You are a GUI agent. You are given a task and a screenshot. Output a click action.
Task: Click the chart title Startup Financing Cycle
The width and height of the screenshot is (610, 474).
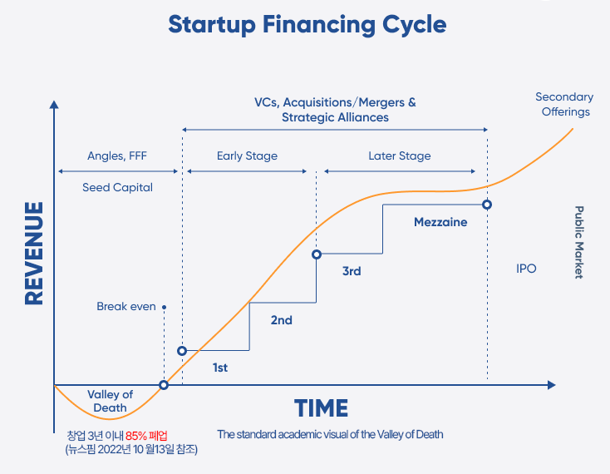coord(307,25)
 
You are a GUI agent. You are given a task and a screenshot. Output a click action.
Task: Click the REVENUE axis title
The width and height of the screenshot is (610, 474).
coord(34,254)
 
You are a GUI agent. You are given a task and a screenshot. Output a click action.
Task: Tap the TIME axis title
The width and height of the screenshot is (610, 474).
coord(321,408)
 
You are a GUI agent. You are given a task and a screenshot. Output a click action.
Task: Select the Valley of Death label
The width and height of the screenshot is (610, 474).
coord(110,401)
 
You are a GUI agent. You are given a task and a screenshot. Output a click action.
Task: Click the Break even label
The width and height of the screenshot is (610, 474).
coord(126,307)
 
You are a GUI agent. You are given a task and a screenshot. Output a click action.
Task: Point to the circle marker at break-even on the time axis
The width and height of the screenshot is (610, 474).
coord(164,385)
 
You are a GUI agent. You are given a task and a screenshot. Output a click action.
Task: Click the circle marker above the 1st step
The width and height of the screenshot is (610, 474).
coord(182,351)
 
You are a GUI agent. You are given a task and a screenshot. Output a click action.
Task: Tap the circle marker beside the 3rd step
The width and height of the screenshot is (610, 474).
coord(317,254)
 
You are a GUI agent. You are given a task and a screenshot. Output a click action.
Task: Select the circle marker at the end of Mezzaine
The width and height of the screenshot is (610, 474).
coord(487,205)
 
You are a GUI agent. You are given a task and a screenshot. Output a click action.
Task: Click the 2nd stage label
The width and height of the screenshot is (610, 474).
coord(281,320)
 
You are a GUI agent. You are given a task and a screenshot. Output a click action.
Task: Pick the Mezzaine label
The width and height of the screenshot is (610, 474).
coord(440,222)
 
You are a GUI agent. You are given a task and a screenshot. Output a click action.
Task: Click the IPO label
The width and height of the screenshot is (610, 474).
coord(526,269)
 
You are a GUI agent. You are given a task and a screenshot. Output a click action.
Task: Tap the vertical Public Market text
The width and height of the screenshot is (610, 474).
coord(579,243)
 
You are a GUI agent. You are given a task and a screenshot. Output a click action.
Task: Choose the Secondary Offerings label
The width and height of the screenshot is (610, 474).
coord(564,104)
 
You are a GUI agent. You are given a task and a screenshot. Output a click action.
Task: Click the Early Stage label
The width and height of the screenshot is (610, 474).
coord(247,156)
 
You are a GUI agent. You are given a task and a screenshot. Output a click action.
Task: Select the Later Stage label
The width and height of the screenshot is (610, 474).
coord(400,156)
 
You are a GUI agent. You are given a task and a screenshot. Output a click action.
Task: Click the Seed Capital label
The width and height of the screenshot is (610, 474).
coord(117,188)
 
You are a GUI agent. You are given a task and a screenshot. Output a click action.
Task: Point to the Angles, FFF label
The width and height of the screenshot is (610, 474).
coord(117,156)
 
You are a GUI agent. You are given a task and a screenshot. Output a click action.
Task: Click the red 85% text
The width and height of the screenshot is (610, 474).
coord(135,436)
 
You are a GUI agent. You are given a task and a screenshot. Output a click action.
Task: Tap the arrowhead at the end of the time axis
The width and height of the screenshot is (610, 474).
coord(552,385)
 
